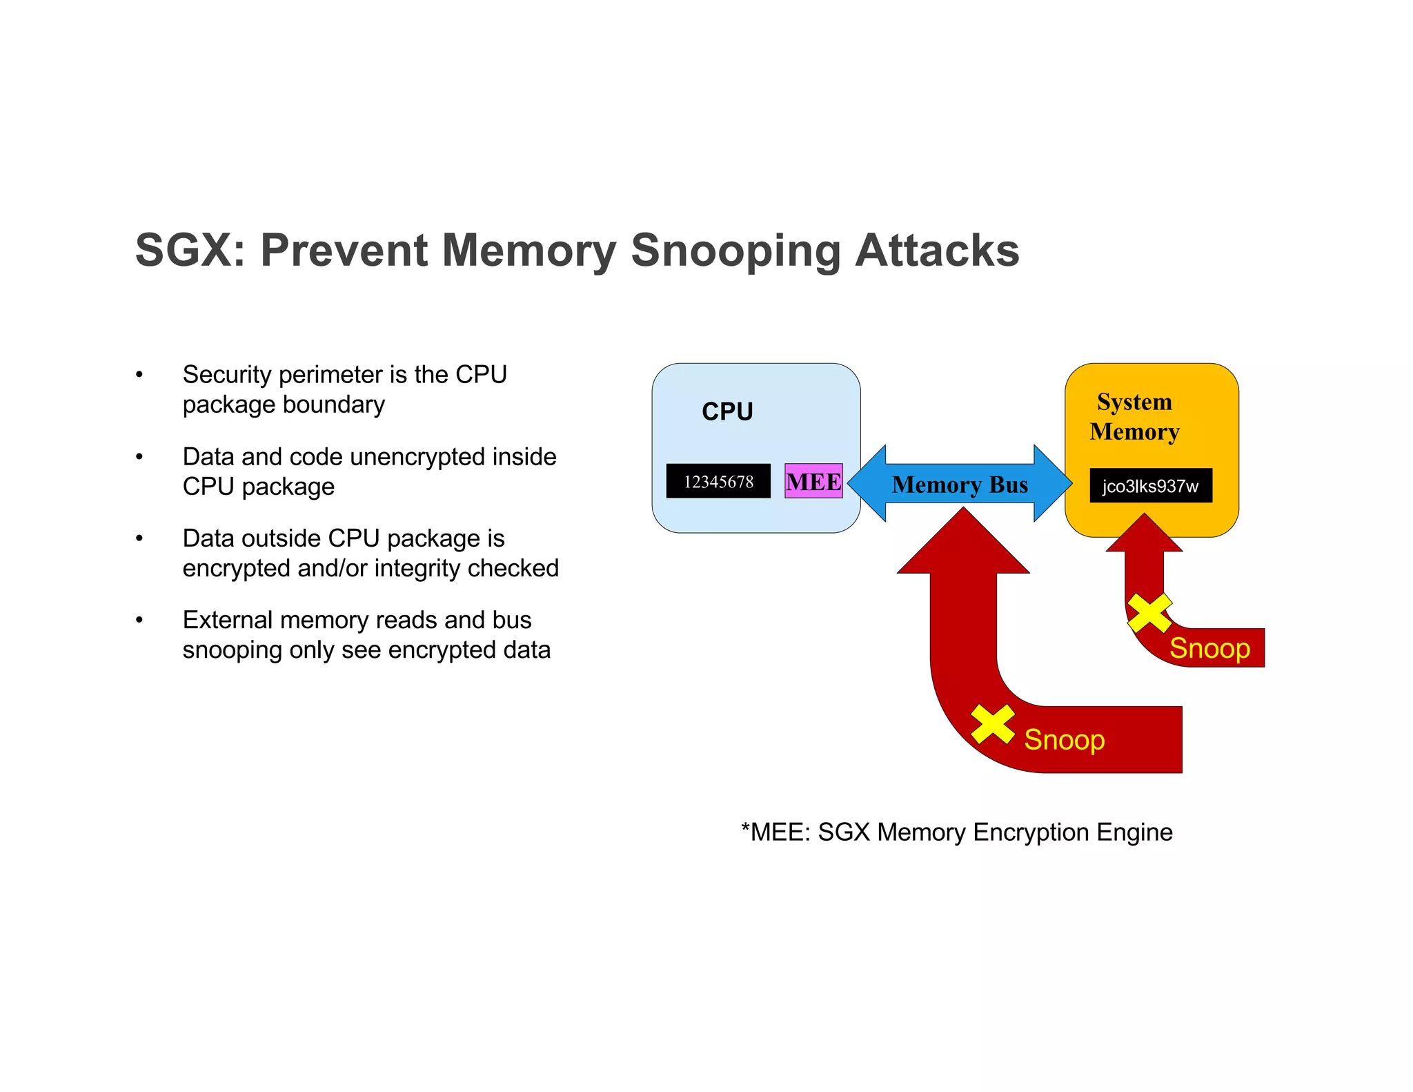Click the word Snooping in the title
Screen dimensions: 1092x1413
736,251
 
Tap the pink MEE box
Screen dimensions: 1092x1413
813,481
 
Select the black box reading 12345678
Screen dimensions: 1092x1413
718,481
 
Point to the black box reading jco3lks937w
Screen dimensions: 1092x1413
1150,486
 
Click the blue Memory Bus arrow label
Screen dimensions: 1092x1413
960,485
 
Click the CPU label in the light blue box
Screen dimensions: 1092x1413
727,411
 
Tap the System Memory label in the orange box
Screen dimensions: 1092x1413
1134,417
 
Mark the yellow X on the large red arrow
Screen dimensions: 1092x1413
993,724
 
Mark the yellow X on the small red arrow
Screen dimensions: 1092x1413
1149,613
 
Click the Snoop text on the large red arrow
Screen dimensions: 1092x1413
1064,739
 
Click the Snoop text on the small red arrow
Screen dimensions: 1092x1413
1209,648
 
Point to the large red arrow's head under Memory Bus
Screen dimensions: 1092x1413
963,545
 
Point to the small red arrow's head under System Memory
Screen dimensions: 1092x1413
1145,534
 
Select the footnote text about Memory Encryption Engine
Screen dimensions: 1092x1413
956,832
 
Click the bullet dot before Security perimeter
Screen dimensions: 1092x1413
139,375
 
